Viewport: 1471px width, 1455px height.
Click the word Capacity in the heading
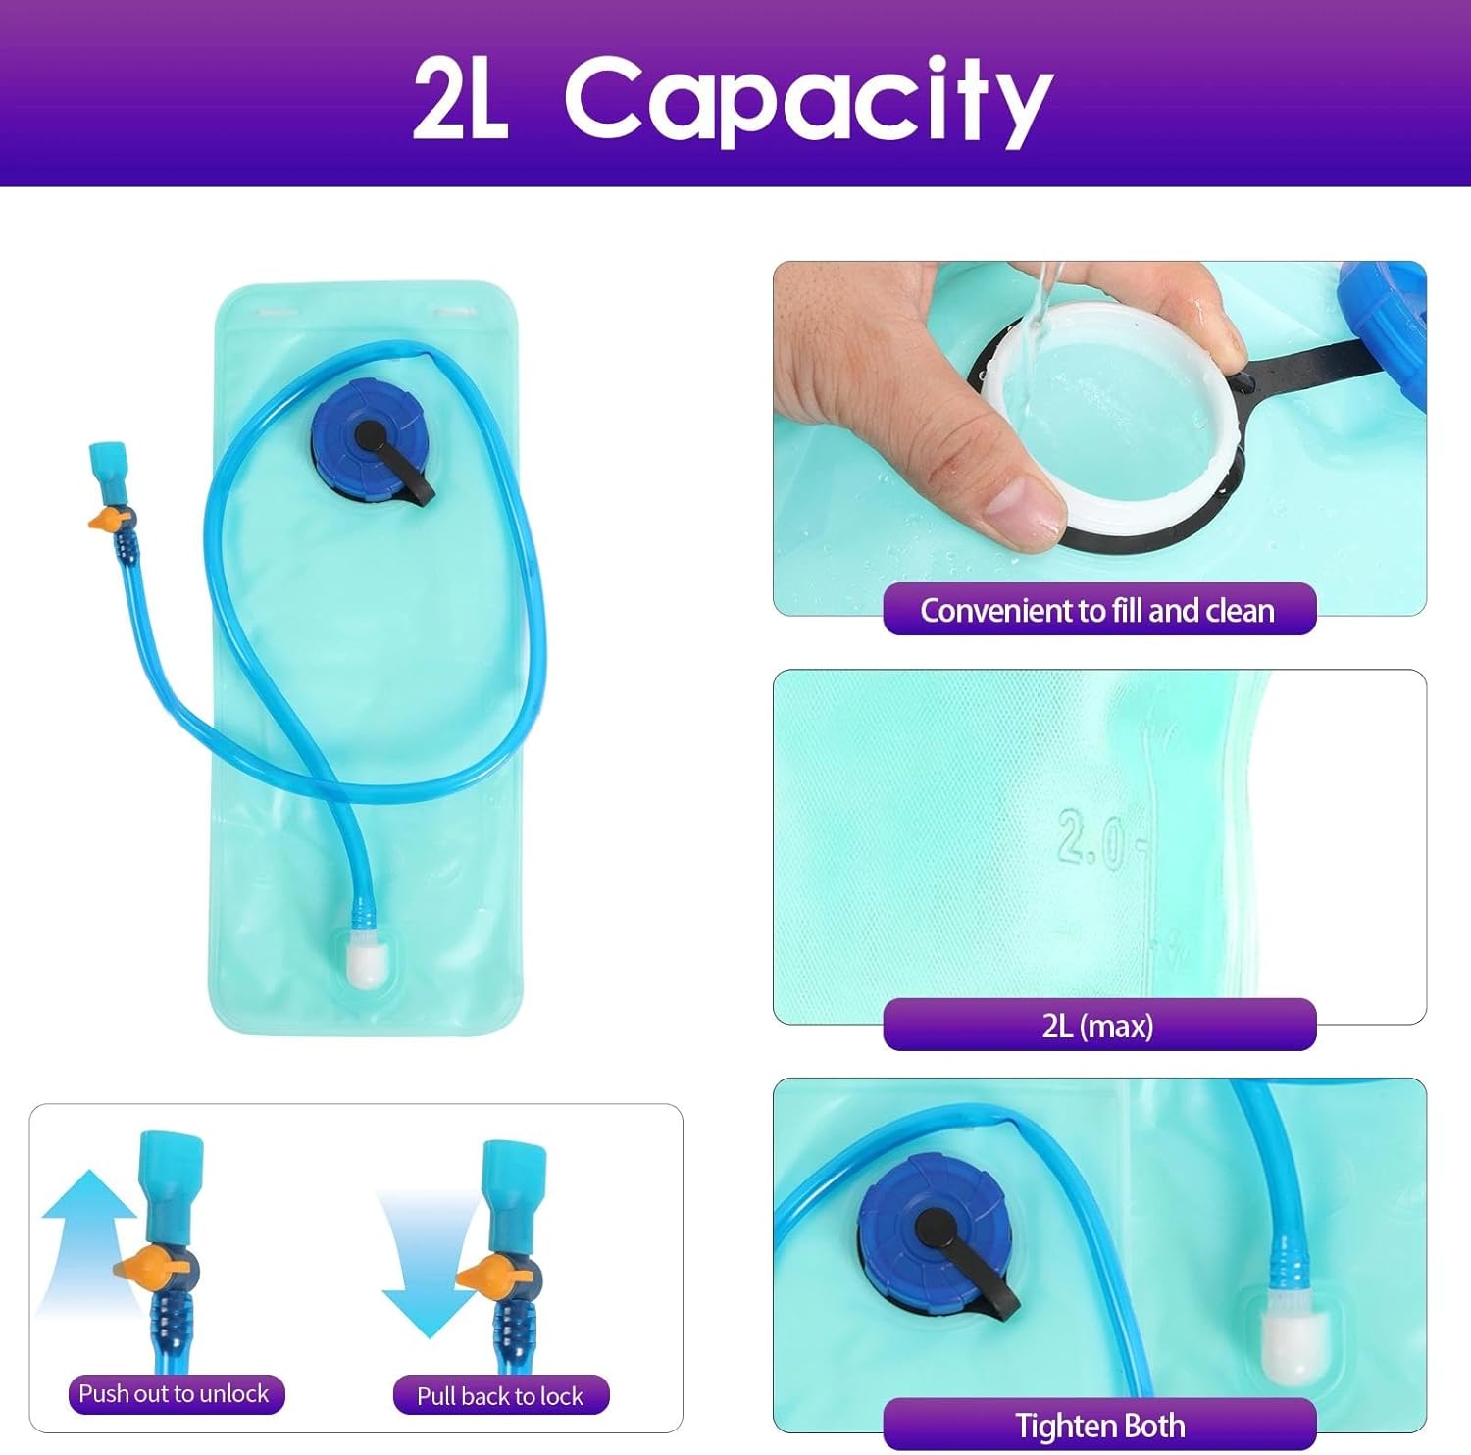[x=808, y=100]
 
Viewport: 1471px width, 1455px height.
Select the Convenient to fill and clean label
[x=1098, y=610]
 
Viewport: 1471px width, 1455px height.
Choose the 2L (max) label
[x=1098, y=1026]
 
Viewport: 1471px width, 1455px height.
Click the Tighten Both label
[x=1099, y=1425]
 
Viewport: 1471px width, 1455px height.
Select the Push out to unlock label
[x=175, y=1393]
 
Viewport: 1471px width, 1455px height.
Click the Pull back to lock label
[x=501, y=1395]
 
